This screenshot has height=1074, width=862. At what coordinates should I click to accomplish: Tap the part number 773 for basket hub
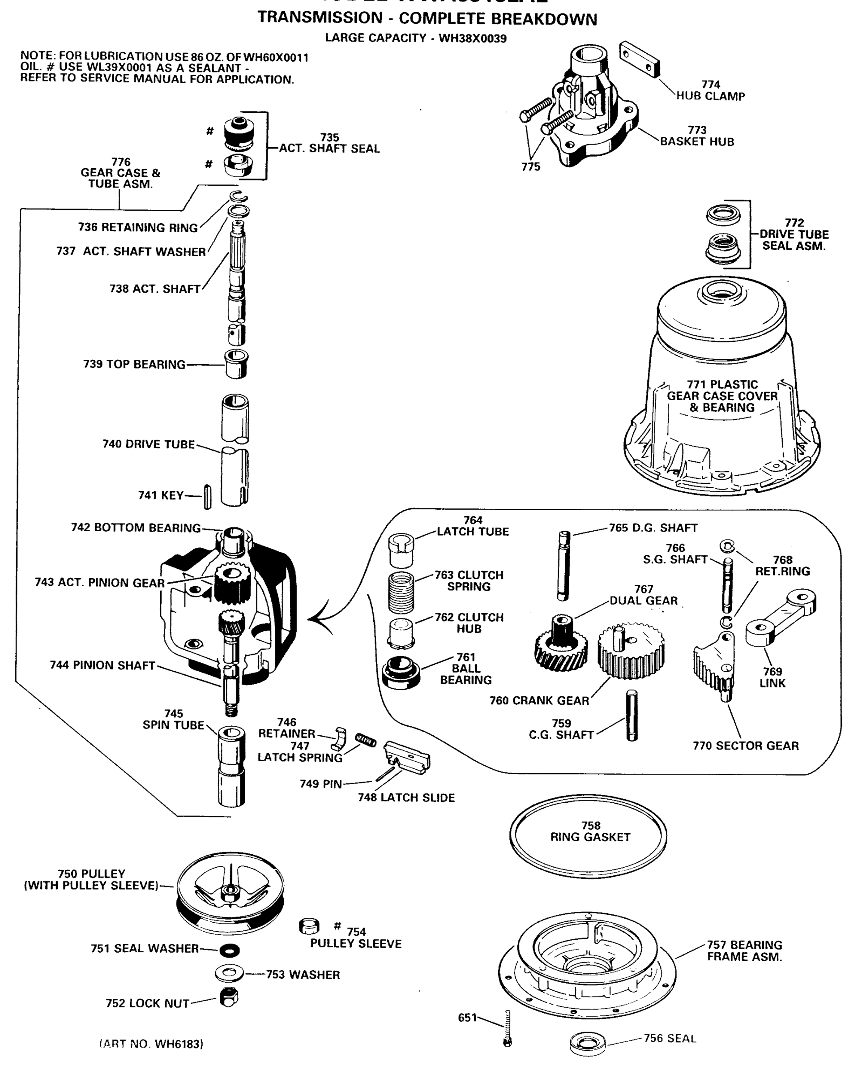coord(696,130)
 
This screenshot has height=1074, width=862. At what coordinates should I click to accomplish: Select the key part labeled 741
coord(207,497)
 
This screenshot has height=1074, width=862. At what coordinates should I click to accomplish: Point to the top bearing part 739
coord(236,364)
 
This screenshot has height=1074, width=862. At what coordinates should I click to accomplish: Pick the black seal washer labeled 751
coord(229,950)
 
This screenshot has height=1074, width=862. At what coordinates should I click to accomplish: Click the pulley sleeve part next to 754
coord(308,926)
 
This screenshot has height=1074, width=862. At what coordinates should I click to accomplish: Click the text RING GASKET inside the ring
coord(590,837)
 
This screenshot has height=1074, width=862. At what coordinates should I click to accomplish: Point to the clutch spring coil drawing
coord(401,592)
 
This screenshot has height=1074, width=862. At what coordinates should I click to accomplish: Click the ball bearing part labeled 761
coord(401,673)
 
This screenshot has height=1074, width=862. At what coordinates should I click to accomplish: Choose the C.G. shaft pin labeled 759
coord(632,716)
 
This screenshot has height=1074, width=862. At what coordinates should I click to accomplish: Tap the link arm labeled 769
coord(780,618)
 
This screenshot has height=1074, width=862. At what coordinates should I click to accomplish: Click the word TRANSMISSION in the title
coord(320,17)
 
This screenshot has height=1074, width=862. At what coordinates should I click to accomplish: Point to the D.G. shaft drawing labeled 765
coord(563,565)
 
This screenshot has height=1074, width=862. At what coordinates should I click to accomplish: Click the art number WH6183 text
coord(151,1044)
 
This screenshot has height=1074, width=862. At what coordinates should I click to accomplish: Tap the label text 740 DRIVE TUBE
coord(148,444)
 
